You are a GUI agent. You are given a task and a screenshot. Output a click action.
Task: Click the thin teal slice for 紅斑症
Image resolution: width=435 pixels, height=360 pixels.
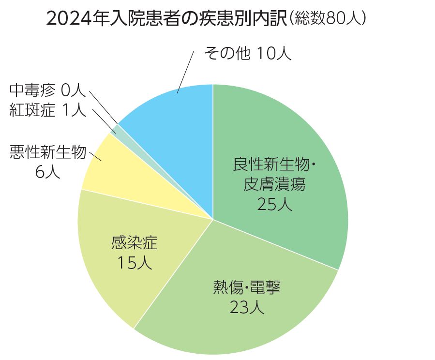(115, 129)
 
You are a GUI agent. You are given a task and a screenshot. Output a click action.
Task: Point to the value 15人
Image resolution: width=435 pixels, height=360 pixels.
(134, 262)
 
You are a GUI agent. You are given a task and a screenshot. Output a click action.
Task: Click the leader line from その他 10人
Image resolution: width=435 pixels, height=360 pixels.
(186, 70)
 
